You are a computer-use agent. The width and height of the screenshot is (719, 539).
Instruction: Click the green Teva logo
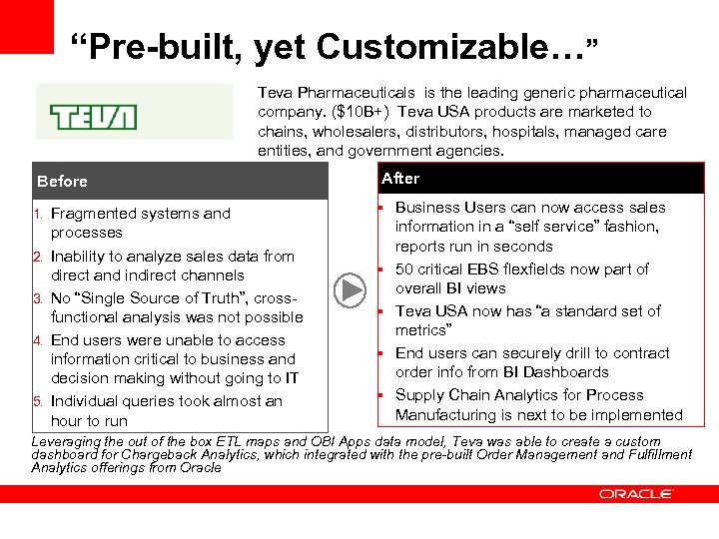coord(94,118)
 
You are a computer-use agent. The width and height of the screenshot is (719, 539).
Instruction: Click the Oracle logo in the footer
coord(636,494)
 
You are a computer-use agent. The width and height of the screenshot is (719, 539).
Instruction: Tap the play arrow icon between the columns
coord(350,290)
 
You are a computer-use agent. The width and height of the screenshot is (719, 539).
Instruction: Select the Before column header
coord(62,182)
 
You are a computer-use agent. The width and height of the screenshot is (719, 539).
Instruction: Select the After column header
coord(400,179)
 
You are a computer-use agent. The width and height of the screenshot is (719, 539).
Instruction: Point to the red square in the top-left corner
coord(26,26)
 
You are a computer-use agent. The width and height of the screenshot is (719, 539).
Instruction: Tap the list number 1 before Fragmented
coord(38,214)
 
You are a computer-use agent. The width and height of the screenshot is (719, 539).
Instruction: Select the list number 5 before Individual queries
coord(38,401)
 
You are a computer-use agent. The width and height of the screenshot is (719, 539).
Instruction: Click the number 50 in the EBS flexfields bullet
coord(404,269)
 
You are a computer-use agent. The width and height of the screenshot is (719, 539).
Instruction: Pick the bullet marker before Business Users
coord(381,208)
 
